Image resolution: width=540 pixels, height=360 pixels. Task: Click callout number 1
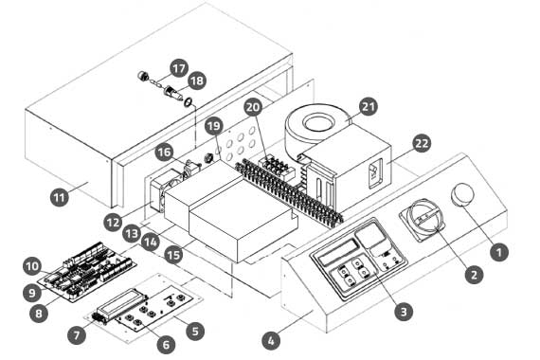tap(499, 252)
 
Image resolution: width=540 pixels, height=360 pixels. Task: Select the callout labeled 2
tap(474, 274)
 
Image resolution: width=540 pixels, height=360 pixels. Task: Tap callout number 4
tap(271, 341)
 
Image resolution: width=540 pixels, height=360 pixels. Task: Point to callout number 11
tap(60, 197)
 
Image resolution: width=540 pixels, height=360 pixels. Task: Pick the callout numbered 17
tap(179, 68)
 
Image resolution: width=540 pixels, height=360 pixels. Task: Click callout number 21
tap(369, 106)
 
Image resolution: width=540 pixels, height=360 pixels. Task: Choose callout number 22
tap(422, 143)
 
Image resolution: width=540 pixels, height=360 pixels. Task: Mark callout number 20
tap(253, 107)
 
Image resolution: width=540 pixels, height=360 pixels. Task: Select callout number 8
tap(39, 313)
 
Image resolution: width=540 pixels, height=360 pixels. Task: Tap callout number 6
tap(166, 344)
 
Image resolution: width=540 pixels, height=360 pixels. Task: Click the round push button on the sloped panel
tap(462, 195)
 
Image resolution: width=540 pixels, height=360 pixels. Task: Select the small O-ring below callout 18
tap(189, 102)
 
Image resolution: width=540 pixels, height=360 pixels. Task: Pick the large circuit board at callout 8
tap(87, 271)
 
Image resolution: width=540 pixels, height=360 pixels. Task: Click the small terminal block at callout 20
tap(279, 167)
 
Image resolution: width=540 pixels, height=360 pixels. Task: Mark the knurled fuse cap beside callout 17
tap(143, 76)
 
